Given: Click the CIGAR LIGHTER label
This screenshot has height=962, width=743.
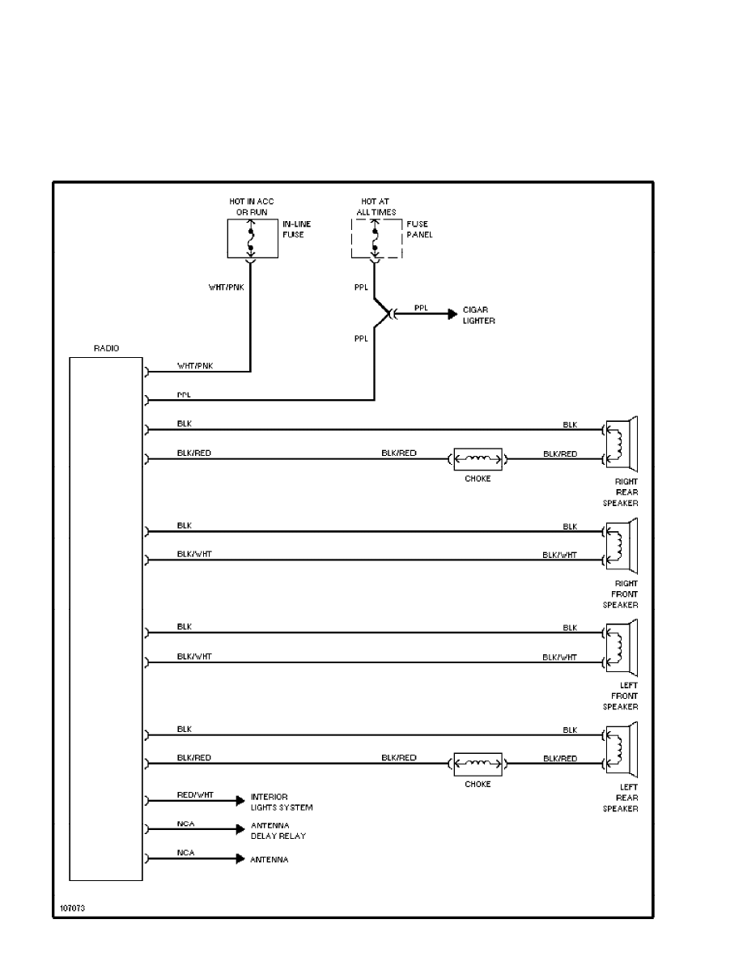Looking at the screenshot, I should (478, 315).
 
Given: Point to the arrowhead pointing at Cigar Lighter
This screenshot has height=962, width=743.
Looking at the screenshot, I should (452, 314).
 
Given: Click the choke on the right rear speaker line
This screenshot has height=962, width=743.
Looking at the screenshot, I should (478, 459).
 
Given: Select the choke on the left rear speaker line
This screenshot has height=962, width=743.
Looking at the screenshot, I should (478, 764).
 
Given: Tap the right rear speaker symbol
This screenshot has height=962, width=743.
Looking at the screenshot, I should (622, 444).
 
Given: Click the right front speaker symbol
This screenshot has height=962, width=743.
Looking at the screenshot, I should (622, 546).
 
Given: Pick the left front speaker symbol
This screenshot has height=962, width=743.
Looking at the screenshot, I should (622, 648).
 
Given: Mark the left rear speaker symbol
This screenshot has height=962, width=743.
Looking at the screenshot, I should (622, 749).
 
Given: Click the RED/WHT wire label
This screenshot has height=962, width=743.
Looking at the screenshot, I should (194, 795).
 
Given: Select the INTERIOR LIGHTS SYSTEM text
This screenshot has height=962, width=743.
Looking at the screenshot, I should (281, 802).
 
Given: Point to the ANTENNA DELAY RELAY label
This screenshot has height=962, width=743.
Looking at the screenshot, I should (278, 830).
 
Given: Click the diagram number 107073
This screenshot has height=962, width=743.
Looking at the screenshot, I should (71, 908).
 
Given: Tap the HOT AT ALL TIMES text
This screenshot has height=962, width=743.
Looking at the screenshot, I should (376, 206).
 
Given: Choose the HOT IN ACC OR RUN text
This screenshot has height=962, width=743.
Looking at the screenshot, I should (253, 206).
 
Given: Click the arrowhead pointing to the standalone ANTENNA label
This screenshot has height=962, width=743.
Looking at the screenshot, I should (240, 858).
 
